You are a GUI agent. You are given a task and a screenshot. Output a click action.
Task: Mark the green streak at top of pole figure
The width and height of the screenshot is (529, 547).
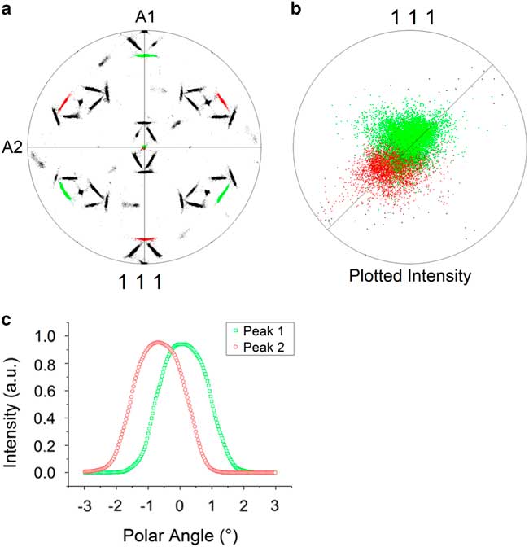146,55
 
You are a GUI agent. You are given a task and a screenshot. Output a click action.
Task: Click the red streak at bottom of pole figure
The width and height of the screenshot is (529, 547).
145,239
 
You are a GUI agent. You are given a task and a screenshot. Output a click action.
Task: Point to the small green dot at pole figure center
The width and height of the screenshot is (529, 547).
145,147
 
